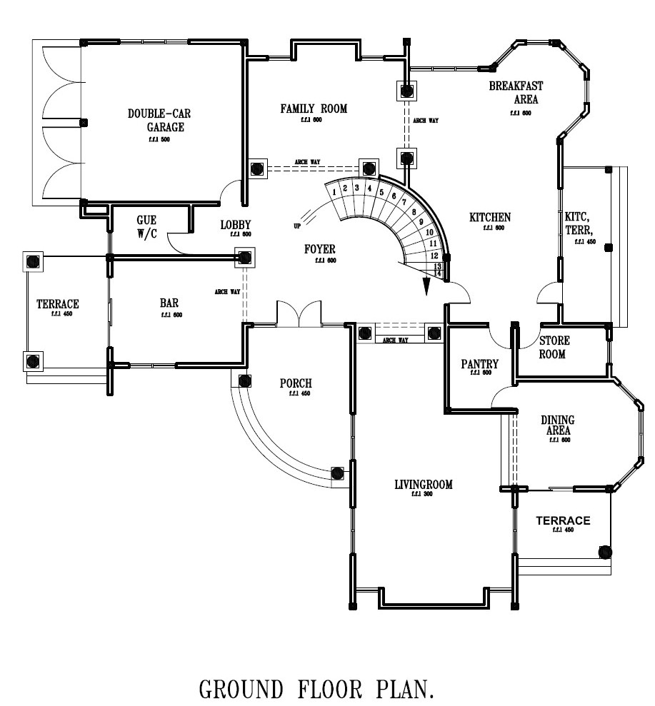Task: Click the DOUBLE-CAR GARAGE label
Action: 159,120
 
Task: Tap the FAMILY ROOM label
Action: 313,109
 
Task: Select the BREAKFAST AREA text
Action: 516,93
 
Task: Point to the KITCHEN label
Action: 489,217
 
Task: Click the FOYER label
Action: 320,249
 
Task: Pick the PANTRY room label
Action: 479,364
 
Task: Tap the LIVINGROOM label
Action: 424,485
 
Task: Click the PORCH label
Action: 295,383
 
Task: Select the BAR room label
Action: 169,303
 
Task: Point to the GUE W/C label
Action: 146,227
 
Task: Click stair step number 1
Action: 334,191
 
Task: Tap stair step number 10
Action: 429,232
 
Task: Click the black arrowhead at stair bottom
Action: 426,286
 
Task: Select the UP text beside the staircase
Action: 296,226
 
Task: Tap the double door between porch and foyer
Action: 299,313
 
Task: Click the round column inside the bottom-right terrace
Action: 604,552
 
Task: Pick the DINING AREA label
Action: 558,425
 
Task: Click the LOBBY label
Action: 235,225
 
